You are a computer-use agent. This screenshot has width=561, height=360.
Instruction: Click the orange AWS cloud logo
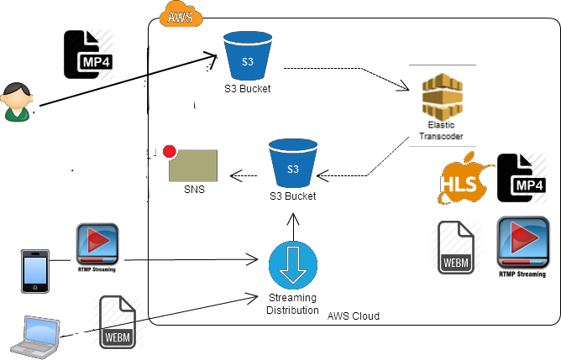[x=181, y=15]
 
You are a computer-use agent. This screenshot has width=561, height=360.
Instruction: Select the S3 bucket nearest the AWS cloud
[x=248, y=56]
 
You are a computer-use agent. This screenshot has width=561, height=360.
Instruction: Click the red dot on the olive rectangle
[x=170, y=152]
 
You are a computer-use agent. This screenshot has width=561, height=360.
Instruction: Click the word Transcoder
[x=442, y=135]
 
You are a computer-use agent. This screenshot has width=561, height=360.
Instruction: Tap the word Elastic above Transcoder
[x=441, y=125]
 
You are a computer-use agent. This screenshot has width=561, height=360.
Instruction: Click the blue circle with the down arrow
[x=293, y=265]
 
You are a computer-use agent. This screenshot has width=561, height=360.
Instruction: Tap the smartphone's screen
[x=34, y=270]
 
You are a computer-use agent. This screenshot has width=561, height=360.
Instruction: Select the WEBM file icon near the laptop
[x=117, y=322]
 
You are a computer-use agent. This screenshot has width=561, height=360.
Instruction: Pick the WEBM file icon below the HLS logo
[x=456, y=247]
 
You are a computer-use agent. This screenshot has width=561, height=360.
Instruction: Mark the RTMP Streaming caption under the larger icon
[x=523, y=274]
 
